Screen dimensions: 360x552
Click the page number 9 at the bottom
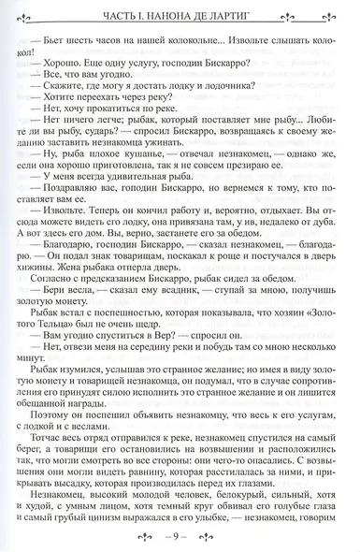click(x=181, y=538)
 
